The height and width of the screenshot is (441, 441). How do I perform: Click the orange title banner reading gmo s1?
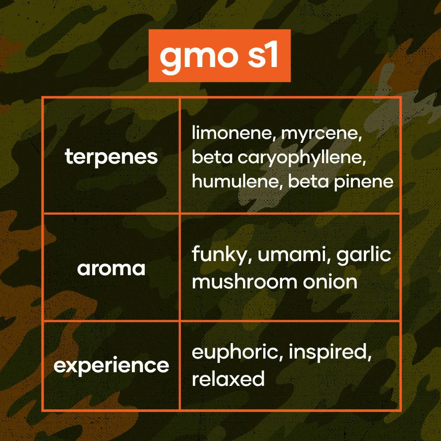[219, 56]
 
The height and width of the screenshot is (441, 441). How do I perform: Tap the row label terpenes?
[111, 157]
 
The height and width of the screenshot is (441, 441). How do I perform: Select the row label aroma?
[111, 269]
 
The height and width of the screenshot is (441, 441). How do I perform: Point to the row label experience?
[111, 366]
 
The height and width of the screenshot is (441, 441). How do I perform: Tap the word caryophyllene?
[302, 158]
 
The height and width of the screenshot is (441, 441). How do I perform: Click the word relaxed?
[228, 378]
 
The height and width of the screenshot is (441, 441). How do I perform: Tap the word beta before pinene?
[308, 181]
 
